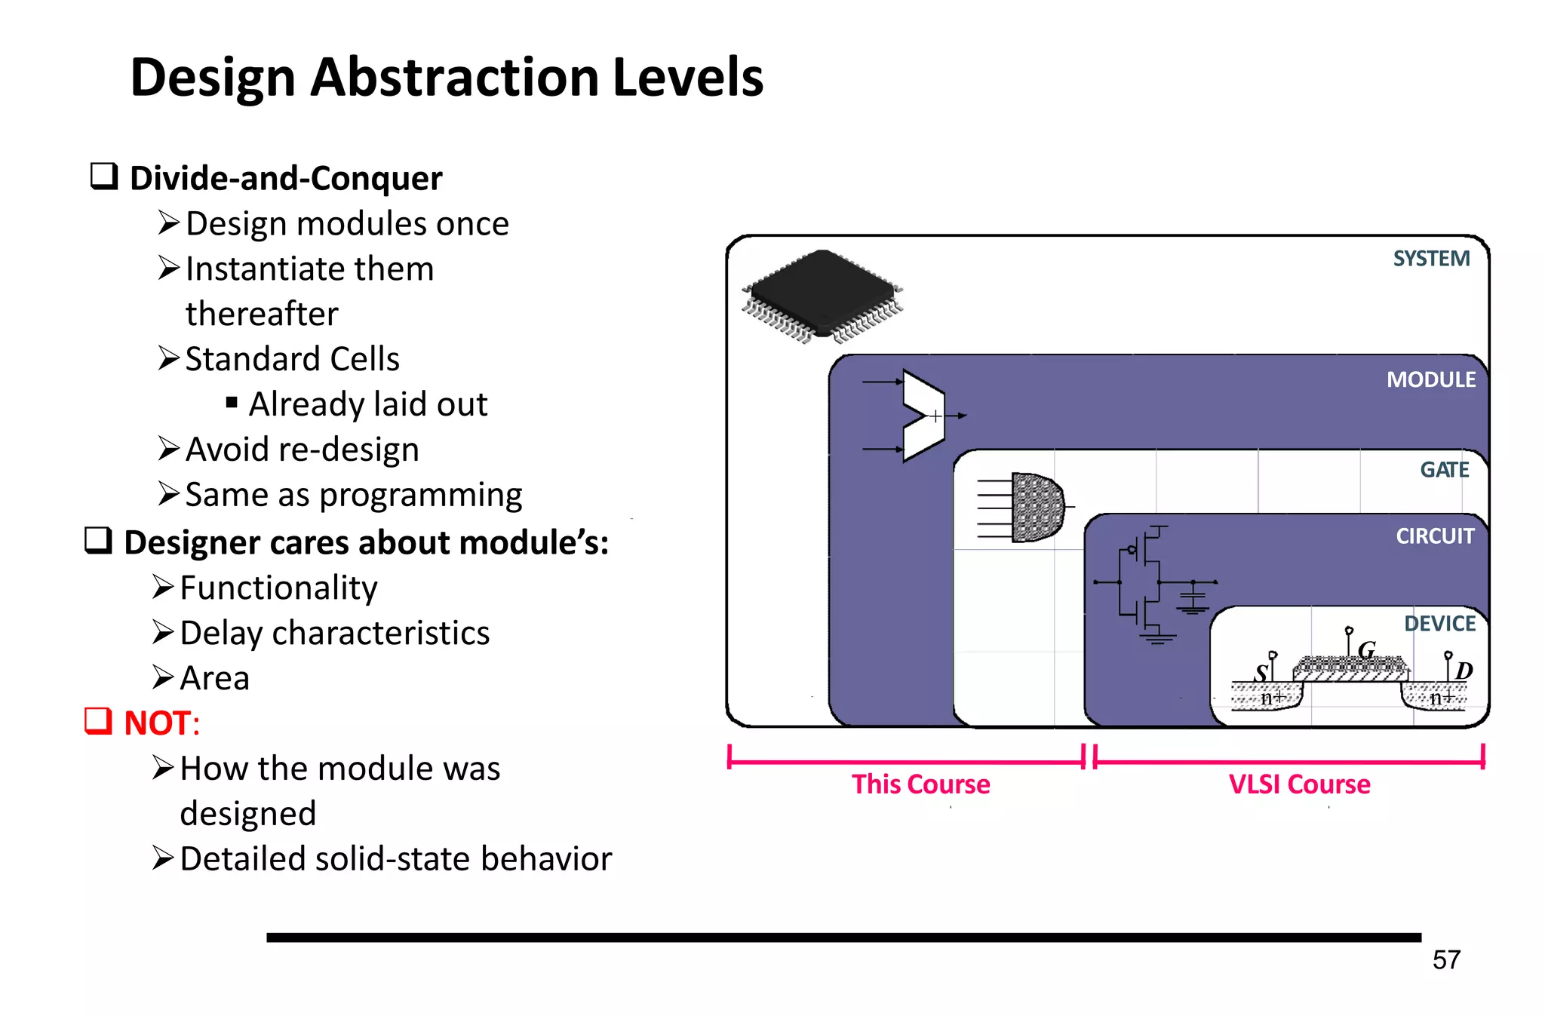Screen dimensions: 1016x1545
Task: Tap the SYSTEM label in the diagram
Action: [x=1430, y=259]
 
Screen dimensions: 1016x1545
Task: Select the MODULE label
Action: [x=1430, y=379]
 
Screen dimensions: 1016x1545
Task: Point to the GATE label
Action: [x=1444, y=470]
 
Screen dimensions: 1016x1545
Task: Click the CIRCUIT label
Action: [x=1434, y=536]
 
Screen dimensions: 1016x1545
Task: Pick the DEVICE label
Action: [x=1439, y=624]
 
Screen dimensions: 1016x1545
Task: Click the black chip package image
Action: [x=822, y=296]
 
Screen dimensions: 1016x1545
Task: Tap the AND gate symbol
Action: [x=1036, y=507]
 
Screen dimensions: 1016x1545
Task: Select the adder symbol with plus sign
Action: [x=923, y=416]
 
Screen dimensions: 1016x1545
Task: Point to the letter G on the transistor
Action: [x=1366, y=650]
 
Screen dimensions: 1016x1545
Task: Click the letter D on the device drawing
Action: [x=1464, y=671]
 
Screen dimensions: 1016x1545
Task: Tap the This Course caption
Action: [x=920, y=784]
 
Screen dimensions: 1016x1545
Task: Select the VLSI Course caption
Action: [x=1299, y=784]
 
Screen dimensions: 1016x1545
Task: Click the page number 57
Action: [x=1445, y=960]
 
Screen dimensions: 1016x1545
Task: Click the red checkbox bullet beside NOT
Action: [x=98, y=721]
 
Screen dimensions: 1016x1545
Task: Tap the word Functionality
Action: [x=278, y=588]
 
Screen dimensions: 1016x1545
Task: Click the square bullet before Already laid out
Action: [x=232, y=402]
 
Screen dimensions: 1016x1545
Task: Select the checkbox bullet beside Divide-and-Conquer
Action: [x=104, y=176]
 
